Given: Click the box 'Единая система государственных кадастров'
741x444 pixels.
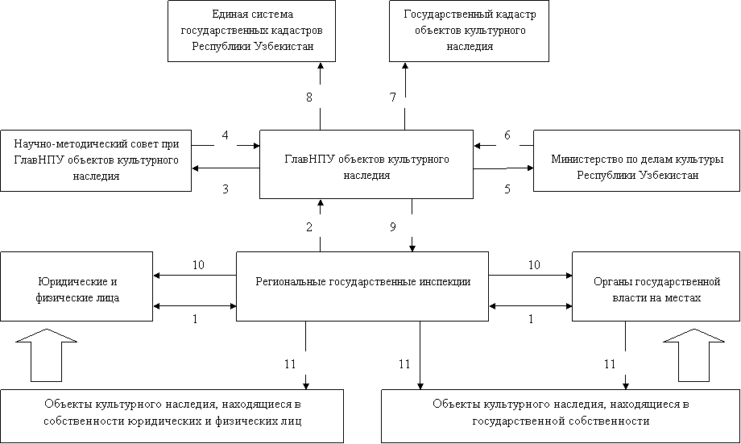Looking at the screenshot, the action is (251, 31).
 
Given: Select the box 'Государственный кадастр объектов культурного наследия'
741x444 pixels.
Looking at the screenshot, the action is (469, 31).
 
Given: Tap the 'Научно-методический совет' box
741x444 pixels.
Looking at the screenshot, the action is (96, 160).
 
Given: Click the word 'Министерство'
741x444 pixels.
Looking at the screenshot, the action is (584, 159).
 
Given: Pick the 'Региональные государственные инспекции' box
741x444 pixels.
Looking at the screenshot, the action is (362, 286).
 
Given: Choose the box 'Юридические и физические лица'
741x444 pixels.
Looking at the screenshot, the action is (77, 286).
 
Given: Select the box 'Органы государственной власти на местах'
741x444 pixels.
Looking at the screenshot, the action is (656, 286).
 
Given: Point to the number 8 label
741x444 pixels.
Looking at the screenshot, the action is (309, 98).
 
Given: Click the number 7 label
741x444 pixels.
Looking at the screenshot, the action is (393, 98).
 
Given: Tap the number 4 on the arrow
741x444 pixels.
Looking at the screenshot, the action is (226, 135).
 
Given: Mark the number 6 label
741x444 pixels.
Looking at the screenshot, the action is (507, 135).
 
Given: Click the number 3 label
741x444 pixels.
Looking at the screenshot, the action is (226, 189).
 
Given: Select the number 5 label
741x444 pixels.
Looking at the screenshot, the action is (507, 189).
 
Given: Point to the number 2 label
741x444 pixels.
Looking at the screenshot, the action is (309, 227).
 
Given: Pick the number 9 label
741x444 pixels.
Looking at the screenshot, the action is (393, 227).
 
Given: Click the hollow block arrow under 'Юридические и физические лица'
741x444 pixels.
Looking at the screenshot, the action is (47, 355).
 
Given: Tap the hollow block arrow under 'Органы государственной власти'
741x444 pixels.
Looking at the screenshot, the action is (693, 355).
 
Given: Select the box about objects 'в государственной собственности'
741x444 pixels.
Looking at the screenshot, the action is (561, 416).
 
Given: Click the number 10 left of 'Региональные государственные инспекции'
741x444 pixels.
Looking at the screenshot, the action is (198, 265).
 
